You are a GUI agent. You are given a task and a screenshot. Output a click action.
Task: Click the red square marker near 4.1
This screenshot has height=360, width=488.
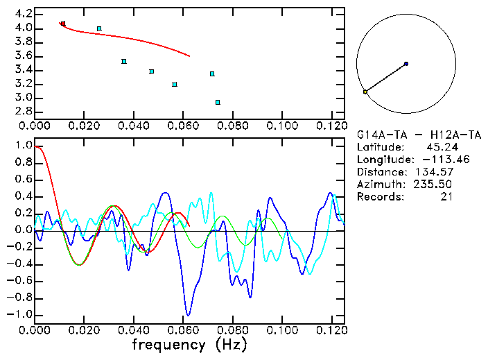[62, 24]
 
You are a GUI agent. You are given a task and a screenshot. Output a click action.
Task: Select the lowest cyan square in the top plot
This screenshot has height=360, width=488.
[218, 102]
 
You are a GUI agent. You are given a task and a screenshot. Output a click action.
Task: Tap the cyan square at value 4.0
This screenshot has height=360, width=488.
[99, 28]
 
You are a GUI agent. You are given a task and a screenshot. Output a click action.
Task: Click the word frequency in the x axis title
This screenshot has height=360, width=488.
[169, 345]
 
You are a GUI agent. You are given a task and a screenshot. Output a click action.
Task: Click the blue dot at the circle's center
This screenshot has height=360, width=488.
[406, 64]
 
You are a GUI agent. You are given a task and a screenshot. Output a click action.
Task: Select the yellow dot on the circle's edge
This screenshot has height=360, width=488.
[365, 92]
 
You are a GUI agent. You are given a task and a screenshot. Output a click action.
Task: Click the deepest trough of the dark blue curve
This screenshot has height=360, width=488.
[187, 314]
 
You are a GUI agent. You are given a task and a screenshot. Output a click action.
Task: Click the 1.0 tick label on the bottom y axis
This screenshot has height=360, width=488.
[24, 146]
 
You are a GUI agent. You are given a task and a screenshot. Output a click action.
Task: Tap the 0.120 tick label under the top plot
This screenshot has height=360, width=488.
[331, 126]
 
